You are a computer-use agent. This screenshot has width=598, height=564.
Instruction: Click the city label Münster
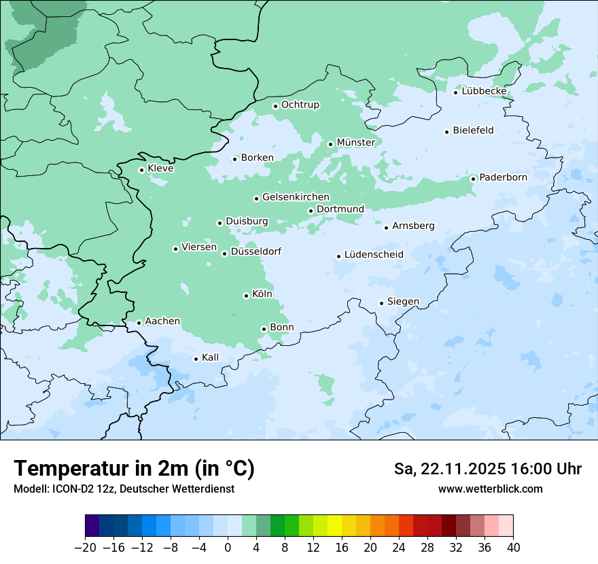(355, 143)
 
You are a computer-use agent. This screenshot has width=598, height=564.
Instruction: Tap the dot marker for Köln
(246, 296)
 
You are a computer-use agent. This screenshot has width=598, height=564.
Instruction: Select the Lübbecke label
(484, 91)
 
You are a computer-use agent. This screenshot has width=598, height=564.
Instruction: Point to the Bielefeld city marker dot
(447, 132)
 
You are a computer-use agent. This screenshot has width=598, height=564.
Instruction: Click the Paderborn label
(503, 177)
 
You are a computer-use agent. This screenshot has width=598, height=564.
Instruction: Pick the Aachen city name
(162, 321)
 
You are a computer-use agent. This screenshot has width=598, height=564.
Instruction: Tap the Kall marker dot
(196, 359)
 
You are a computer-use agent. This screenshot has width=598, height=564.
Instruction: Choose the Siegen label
(403, 302)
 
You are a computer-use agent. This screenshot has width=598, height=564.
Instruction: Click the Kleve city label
(160, 169)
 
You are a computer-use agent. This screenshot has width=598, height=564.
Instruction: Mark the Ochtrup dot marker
(275, 106)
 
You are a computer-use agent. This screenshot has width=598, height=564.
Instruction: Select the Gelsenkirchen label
(296, 197)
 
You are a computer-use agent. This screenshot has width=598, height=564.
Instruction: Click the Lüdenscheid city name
(374, 255)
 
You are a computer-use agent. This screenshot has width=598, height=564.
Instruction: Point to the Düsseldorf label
(256, 252)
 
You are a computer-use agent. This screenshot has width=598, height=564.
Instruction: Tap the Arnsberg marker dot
(386, 228)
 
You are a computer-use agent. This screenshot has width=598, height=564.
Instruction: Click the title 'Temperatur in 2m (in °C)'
(134, 469)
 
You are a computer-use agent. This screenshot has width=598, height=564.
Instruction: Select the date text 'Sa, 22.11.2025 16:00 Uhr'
(487, 470)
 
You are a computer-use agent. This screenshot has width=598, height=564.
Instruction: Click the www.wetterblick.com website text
(490, 489)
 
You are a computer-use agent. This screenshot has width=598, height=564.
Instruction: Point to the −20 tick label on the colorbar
(85, 548)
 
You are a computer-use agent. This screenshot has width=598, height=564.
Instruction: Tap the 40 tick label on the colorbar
(513, 548)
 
